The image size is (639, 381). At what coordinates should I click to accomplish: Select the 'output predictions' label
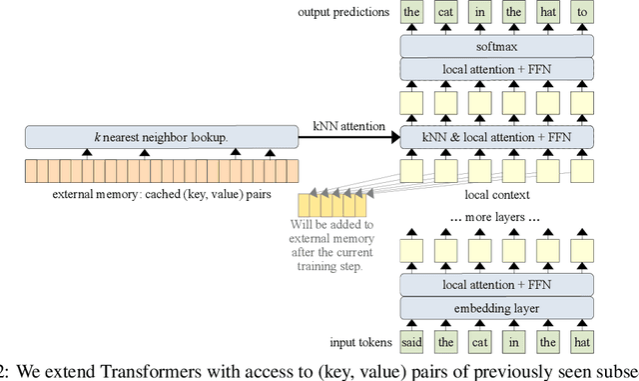click(x=342, y=13)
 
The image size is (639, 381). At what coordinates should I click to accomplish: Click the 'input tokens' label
click(x=356, y=344)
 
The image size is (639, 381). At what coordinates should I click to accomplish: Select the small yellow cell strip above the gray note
click(x=338, y=206)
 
